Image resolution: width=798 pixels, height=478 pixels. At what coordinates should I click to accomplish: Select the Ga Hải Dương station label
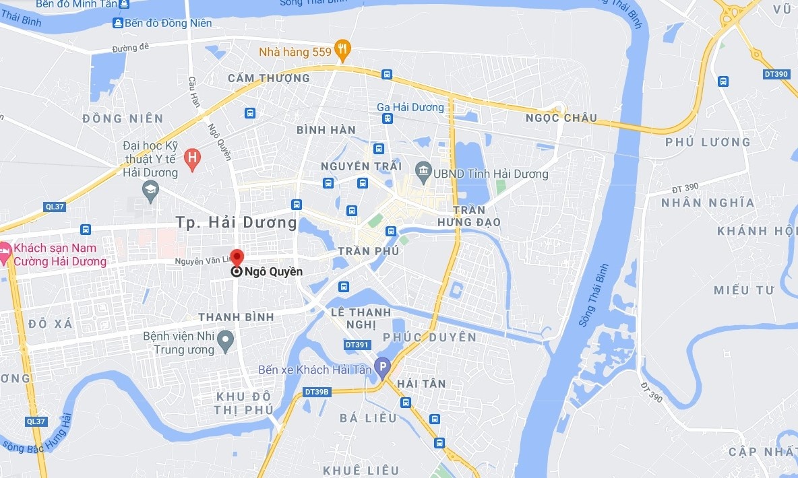(410, 107)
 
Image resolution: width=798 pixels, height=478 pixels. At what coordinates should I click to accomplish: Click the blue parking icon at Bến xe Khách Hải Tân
(382, 368)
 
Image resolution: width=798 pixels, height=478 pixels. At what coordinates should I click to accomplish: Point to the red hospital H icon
(193, 159)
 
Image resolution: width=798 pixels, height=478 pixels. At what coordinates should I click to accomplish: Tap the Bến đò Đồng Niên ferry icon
(118, 23)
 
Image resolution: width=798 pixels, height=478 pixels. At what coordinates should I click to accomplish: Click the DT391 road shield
(357, 345)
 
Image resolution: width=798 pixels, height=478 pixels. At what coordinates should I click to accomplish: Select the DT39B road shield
(316, 391)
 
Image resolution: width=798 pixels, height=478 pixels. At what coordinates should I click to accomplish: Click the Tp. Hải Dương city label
(236, 222)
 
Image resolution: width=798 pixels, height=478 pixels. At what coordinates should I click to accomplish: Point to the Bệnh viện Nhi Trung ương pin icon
(227, 337)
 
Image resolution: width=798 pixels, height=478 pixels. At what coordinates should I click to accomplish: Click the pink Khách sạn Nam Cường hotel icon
(3, 254)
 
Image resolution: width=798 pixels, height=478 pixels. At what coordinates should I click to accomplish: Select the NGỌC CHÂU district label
(561, 118)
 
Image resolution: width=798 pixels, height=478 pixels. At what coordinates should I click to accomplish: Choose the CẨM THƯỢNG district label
(268, 78)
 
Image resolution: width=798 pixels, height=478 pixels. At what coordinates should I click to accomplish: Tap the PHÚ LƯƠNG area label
(707, 142)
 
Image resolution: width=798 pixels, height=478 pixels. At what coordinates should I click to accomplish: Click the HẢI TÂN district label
(421, 383)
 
